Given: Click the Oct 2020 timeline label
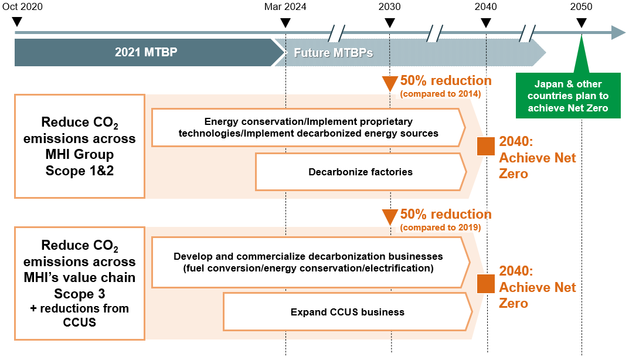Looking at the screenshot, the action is coord(22,7).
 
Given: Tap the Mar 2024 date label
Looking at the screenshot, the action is coord(285,7).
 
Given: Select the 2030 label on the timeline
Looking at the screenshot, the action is coord(389,7).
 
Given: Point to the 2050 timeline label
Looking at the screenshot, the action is coord(582,7).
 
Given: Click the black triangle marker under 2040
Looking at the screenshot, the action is coord(486,22).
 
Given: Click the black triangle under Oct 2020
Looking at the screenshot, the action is coord(17,22).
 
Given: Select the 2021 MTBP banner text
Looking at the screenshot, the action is coord(146,52).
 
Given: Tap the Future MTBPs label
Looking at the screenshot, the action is coord(334,53).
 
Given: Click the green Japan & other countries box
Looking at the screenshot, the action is coord(568,96).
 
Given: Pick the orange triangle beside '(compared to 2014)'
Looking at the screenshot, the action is coord(389,83).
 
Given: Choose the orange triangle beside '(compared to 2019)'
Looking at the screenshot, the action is coord(389,216).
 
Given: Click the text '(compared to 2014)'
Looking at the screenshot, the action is coord(440,94).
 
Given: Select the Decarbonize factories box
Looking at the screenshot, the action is coord(361,172).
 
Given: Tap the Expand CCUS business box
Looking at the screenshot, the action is coord(348,312).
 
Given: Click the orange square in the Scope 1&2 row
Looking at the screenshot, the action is coord(486,146).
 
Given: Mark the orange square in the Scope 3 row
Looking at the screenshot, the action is coord(486,284).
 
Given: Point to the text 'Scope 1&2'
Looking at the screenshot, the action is coord(79,171).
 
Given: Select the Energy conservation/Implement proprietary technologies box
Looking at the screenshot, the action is coord(308,128).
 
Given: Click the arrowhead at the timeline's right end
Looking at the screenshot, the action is coord(619,32).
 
